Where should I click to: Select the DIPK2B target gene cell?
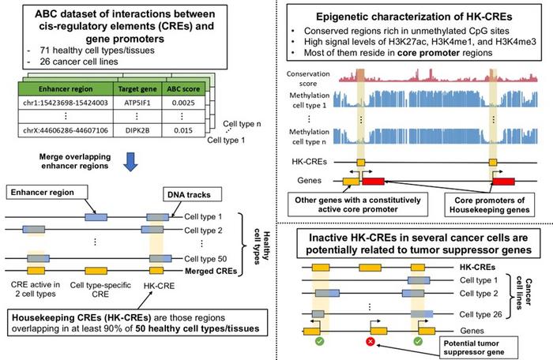[137, 129]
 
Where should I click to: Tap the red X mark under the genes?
[371, 342]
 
